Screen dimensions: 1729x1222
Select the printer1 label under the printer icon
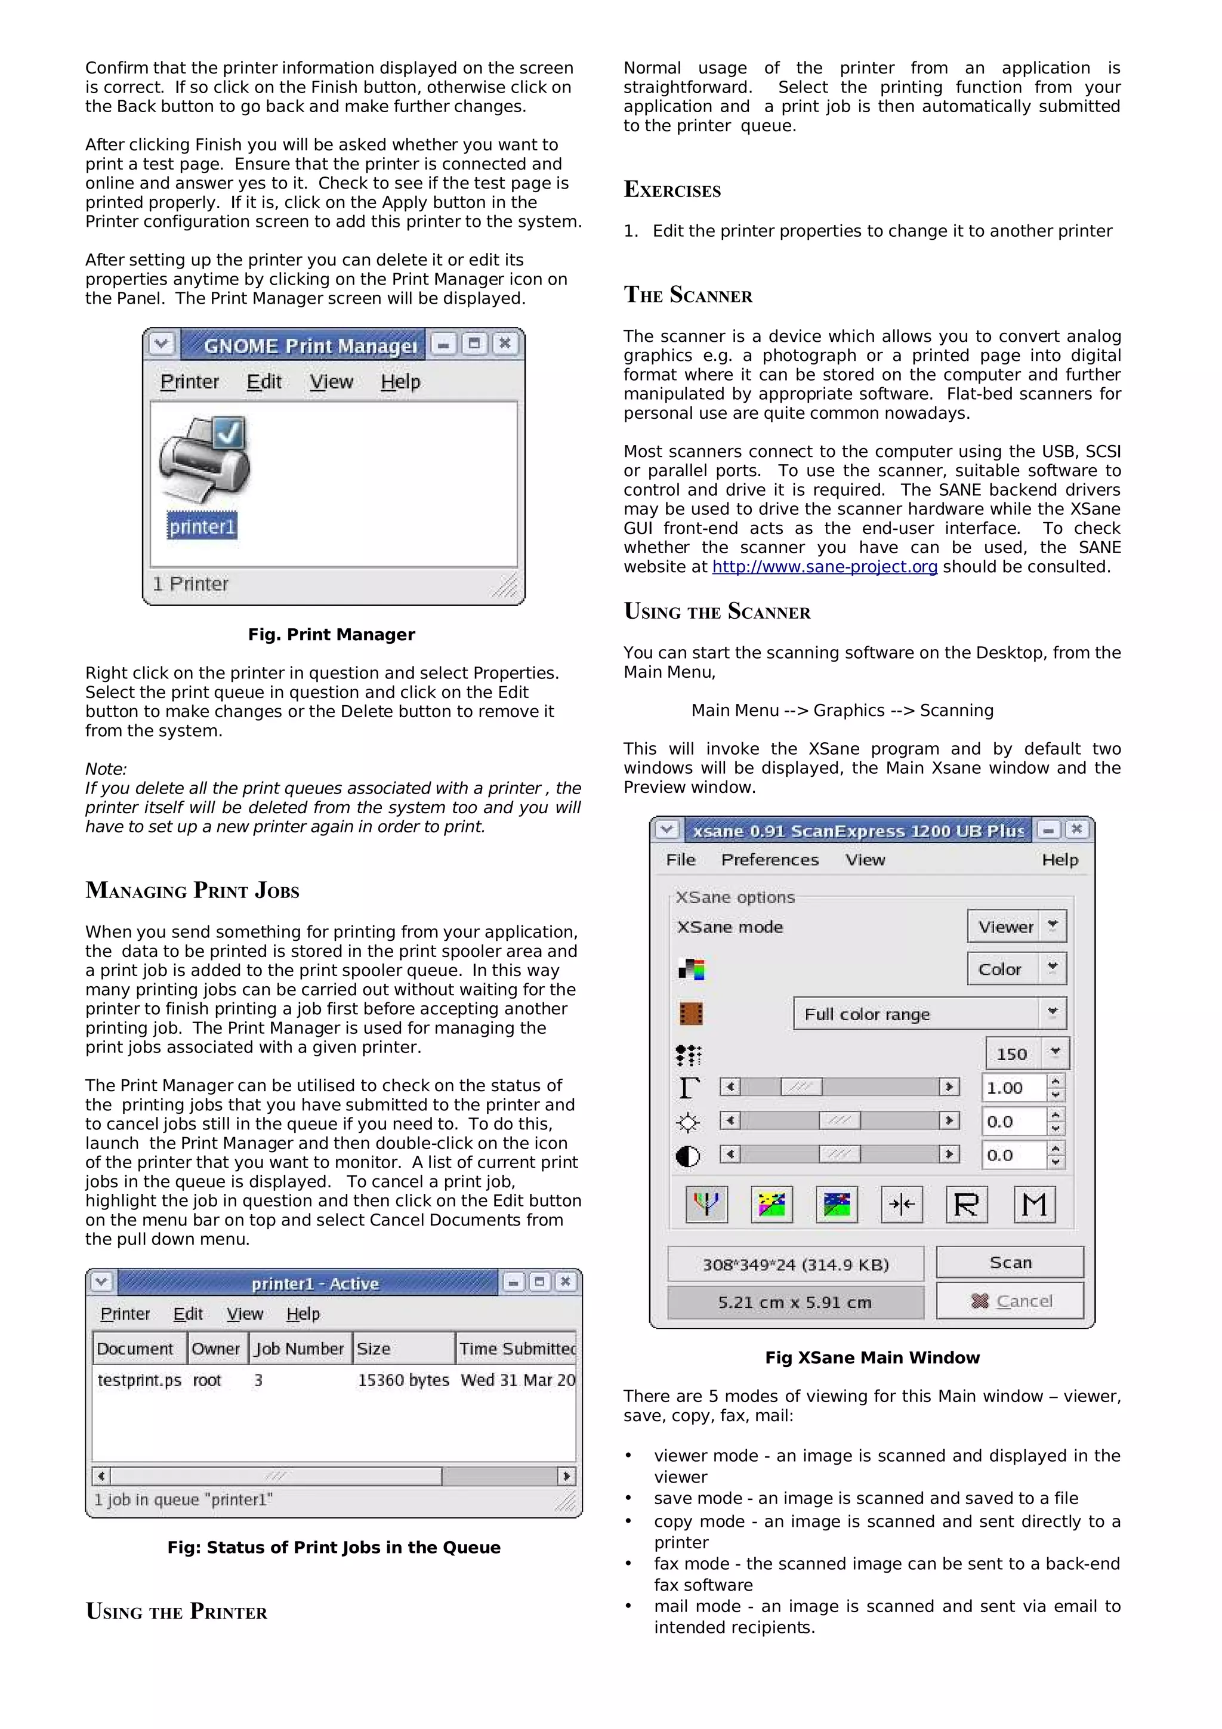(x=202, y=526)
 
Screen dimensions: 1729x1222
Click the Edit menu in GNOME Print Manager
(x=264, y=382)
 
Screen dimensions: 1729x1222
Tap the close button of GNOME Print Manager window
(x=504, y=344)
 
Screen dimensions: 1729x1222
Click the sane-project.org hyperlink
(x=825, y=567)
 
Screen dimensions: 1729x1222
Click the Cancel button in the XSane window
(x=1010, y=1301)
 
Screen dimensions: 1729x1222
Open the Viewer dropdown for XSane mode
(x=1017, y=926)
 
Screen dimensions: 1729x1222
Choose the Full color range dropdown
(x=929, y=1014)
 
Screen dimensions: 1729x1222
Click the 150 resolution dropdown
(x=1026, y=1054)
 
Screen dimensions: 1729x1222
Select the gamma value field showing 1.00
(x=1013, y=1088)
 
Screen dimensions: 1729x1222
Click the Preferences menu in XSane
(x=770, y=860)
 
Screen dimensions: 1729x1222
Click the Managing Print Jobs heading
(x=193, y=890)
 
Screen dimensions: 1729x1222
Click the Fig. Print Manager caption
(x=331, y=635)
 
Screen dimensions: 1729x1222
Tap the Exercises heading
(x=672, y=190)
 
